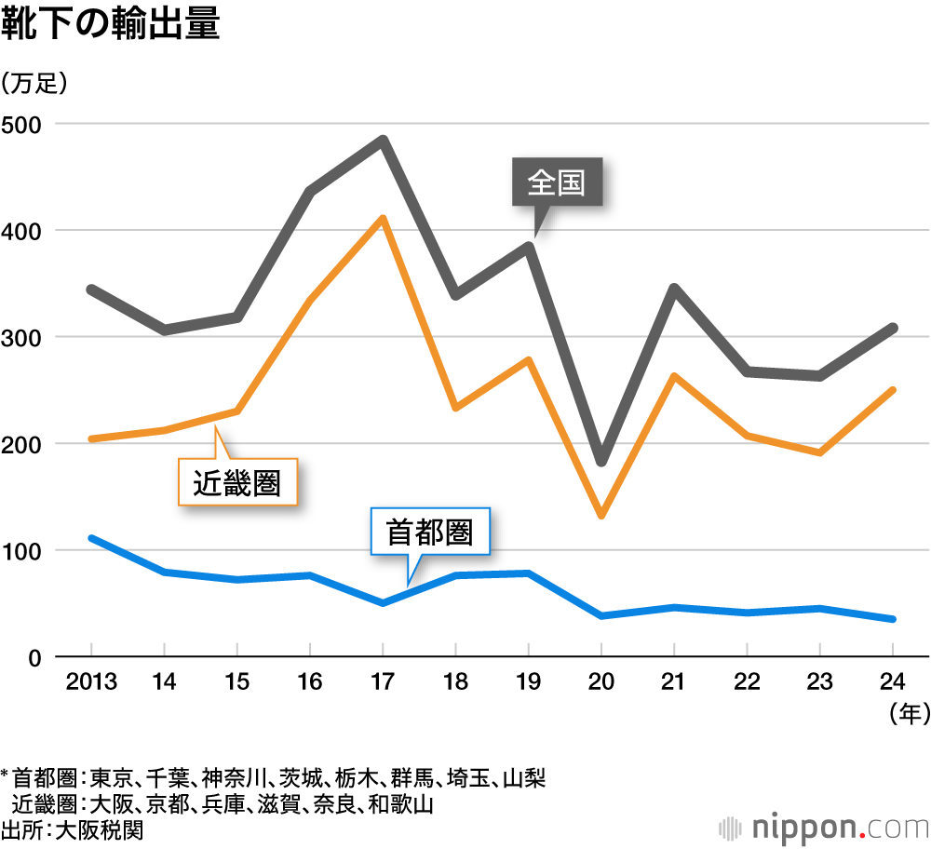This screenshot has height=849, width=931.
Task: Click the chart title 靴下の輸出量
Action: tap(111, 25)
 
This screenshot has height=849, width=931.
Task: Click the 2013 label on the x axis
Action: tap(91, 682)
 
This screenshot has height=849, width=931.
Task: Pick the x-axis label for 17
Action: tap(383, 682)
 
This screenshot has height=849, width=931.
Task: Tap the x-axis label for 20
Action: tap(601, 682)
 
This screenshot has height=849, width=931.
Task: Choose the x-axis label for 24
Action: tap(893, 682)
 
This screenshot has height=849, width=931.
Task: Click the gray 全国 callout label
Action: tap(557, 182)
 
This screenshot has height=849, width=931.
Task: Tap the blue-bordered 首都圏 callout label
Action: tap(429, 532)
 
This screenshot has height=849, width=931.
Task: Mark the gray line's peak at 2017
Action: tap(383, 141)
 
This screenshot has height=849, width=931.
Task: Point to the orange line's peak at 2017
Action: tap(383, 219)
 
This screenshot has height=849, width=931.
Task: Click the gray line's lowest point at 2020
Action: tap(601, 461)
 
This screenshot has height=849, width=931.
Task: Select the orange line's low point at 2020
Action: tap(601, 515)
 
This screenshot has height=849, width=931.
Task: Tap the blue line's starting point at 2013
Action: tap(91, 538)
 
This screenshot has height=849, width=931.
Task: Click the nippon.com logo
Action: tap(823, 827)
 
